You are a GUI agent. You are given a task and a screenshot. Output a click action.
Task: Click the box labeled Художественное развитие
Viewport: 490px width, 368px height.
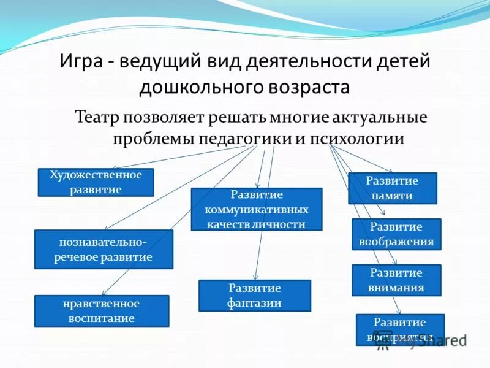click(96, 182)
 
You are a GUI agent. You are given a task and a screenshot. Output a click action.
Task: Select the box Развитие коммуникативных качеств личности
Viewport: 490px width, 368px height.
click(257, 209)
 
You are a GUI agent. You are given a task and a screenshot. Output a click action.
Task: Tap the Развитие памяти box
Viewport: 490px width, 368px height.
click(392, 188)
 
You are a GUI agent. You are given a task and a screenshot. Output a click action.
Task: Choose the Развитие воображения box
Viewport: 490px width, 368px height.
click(396, 234)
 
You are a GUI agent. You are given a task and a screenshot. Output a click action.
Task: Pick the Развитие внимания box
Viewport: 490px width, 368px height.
click(396, 280)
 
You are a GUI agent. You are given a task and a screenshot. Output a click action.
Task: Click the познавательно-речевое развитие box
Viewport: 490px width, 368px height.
click(104, 250)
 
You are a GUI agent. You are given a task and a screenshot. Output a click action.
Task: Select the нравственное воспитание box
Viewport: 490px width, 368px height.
click(102, 311)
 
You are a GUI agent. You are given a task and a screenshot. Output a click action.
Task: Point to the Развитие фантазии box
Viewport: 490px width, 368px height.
click(255, 296)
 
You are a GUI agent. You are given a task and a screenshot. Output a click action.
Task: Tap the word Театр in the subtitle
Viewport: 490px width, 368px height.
click(96, 117)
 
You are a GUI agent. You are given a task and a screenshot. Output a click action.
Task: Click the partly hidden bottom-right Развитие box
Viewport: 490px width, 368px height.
click(400, 329)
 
